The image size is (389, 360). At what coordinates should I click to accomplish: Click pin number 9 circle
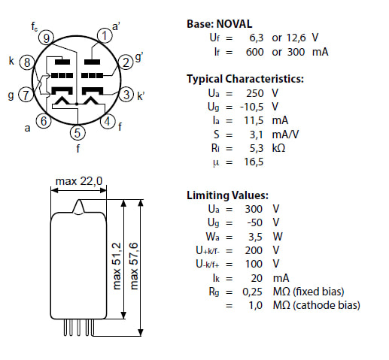coord(46,38)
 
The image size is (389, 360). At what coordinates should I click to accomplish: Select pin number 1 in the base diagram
coord(105,35)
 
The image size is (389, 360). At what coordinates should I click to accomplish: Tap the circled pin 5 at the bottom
coord(77,132)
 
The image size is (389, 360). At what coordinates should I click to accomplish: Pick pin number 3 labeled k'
coord(126,95)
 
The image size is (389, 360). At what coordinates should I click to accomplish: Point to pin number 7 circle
coord(26,95)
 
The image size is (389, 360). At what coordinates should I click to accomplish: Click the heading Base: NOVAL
coord(219,24)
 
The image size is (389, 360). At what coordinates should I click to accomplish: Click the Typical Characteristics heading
coord(245,79)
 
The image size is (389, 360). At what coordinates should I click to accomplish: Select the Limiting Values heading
coord(227,195)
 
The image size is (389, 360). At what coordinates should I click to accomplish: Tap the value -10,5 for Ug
coord(251,107)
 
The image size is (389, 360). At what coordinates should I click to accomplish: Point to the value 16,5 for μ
coord(254,162)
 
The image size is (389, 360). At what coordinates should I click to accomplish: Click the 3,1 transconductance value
coord(256,135)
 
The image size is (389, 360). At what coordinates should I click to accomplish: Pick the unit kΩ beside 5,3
coord(278,148)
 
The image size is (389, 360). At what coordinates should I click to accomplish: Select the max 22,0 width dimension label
coord(79,181)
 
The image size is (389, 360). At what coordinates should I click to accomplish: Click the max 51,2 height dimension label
coord(117,266)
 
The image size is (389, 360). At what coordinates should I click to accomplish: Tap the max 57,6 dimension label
coord(134,266)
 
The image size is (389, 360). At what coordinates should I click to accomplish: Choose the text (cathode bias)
coord(327,305)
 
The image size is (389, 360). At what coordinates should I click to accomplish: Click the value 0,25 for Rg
coord(252,292)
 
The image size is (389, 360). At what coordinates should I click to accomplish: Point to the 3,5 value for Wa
coord(255,237)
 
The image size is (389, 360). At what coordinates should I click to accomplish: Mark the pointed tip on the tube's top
coord(79,200)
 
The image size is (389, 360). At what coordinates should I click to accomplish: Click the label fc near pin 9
coord(35,26)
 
